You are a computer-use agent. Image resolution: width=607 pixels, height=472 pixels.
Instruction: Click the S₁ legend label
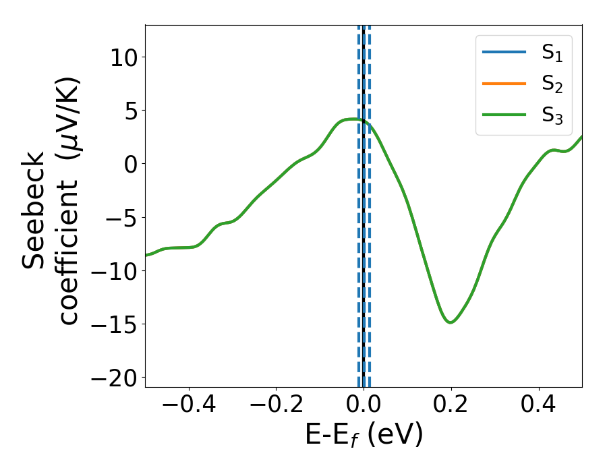click(x=552, y=53)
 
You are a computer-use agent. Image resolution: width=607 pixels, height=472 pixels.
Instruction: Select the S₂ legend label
click(x=552, y=84)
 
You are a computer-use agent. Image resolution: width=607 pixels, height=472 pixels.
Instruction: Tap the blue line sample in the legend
click(x=503, y=53)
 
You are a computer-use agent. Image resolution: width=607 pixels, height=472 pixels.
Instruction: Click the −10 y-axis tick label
click(x=110, y=270)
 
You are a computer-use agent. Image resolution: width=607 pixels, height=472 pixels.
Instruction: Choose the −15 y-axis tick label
click(x=110, y=324)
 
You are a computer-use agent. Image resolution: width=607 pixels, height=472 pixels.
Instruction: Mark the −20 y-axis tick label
click(x=110, y=377)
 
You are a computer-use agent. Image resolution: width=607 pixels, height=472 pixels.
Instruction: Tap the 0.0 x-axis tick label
click(x=364, y=407)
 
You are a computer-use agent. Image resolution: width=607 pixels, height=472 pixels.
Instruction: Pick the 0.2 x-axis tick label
click(x=451, y=407)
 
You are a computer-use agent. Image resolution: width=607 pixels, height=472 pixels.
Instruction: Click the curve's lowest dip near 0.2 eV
click(x=451, y=322)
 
